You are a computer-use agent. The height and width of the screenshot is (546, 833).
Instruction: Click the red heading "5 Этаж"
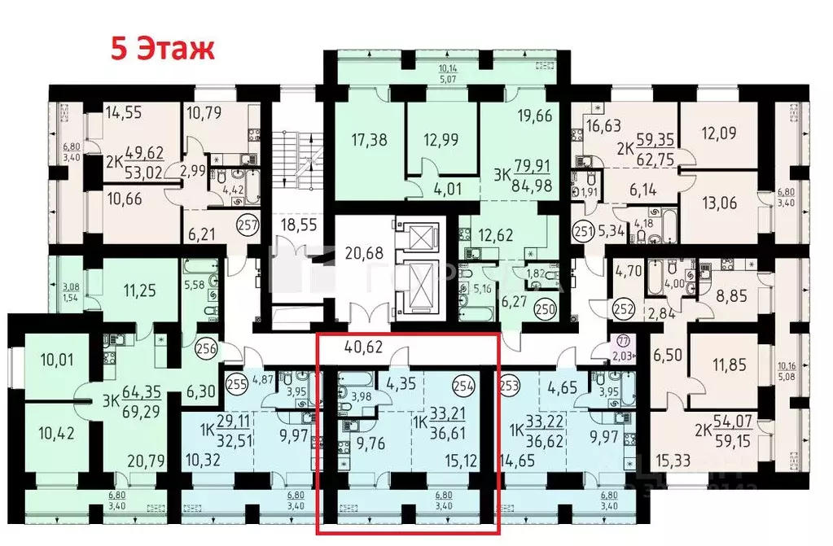tap(163, 47)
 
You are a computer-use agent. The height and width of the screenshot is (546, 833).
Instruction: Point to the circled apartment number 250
tap(545, 308)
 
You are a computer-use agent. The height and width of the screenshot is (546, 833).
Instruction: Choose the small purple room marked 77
tap(623, 346)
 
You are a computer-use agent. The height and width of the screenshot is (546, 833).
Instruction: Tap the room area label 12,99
tap(441, 139)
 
